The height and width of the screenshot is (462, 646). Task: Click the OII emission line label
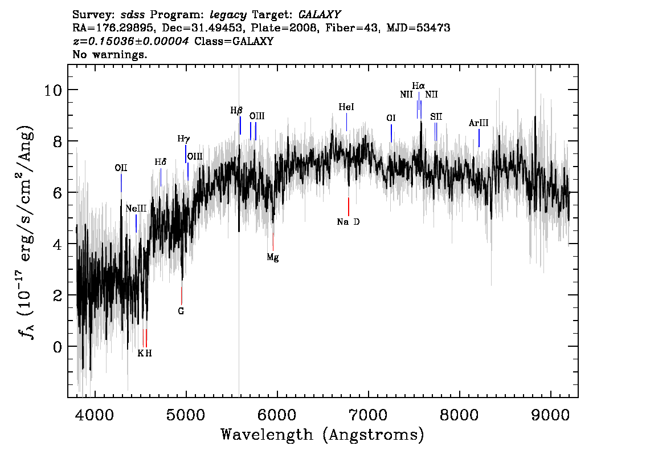121,168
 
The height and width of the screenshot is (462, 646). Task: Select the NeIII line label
136,208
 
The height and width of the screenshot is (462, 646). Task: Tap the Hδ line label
161,162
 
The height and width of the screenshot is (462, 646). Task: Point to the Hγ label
184,139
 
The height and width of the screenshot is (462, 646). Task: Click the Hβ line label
236,111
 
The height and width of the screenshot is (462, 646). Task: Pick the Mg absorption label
273,257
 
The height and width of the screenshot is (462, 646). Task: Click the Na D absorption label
348,222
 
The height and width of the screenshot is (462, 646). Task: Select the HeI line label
346,107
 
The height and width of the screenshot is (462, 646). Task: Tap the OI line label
391,118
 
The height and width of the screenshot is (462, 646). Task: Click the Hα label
419,86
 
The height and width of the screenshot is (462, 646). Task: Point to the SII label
436,117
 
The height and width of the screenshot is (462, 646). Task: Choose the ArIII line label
479,123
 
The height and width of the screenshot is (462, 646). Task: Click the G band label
181,311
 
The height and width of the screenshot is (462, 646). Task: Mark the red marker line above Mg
273,242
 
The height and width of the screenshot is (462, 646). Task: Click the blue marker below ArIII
479,138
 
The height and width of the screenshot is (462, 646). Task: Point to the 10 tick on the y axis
54,90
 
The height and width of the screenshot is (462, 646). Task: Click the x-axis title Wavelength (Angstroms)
322,435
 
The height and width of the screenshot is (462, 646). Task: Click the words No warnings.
109,54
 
